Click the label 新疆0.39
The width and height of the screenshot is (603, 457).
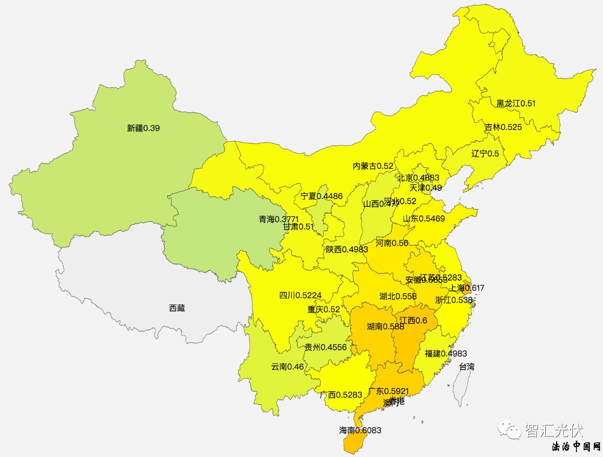coord(143,128)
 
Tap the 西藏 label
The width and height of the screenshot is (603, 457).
coord(177,308)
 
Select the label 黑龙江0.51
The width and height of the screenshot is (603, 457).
coord(516,103)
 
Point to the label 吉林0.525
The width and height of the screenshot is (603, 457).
coord(503,127)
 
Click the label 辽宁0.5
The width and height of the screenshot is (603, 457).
coord(485,153)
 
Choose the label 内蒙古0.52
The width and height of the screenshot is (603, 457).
coord(373,166)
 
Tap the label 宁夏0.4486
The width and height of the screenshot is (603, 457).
coord(321,196)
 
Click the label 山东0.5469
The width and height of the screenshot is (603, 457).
coord(424,218)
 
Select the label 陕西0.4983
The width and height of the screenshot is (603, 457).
coord(347,249)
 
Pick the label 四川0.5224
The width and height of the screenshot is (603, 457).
coord(300,295)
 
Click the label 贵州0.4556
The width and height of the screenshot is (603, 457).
coord(326,347)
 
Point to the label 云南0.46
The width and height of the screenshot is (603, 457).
coord(287,367)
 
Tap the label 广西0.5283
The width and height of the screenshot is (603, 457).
coord(341,395)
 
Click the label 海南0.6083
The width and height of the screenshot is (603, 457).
coord(360,430)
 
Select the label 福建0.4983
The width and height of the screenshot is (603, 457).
coord(446,353)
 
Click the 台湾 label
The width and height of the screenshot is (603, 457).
coord(467,366)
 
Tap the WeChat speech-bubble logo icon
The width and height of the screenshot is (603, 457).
coord(510,430)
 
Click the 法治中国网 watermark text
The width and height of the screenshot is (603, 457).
coord(576,446)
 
